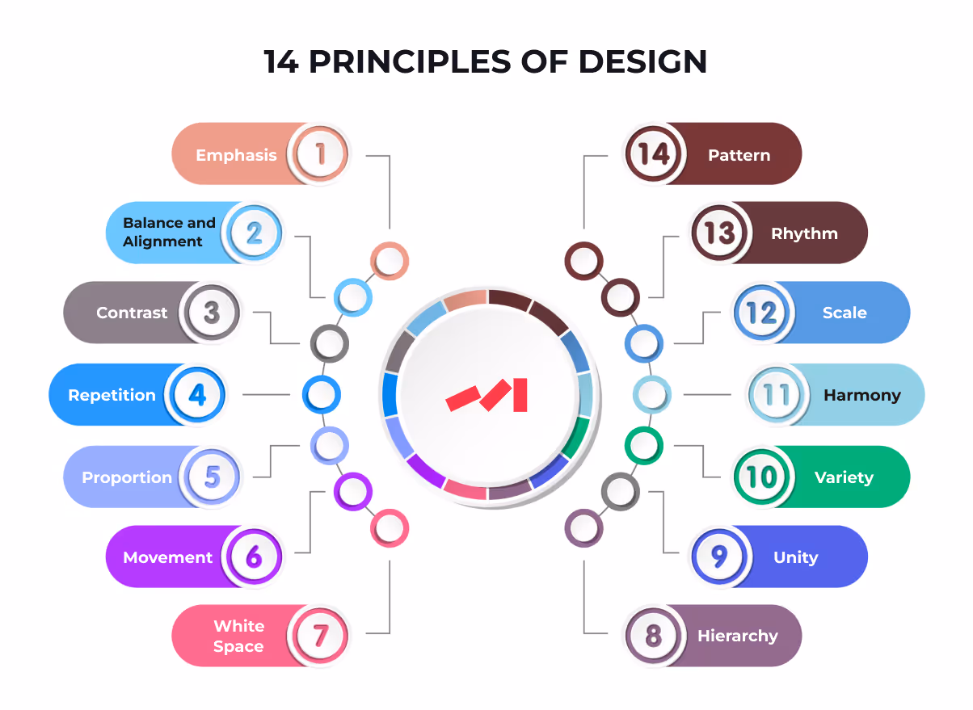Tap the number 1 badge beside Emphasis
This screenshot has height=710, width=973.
click(320, 153)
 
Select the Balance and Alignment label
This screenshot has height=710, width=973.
click(169, 232)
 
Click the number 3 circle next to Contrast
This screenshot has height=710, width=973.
click(211, 313)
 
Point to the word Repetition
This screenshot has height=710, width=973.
click(112, 395)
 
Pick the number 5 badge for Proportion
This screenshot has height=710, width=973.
click(211, 477)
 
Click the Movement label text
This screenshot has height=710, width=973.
click(168, 557)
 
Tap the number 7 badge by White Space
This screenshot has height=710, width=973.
click(320, 636)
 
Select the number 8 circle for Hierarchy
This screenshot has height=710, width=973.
click(653, 636)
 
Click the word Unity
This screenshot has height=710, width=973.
click(795, 557)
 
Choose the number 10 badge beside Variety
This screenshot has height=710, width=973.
click(761, 477)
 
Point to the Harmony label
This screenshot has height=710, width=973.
click(861, 395)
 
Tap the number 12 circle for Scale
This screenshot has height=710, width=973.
click(761, 313)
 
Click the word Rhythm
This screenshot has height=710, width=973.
click(804, 233)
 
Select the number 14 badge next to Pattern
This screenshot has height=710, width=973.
click(653, 153)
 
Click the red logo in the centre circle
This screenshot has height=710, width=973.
click(486, 395)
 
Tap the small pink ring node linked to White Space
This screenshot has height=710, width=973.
click(390, 528)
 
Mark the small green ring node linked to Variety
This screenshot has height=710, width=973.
click(644, 444)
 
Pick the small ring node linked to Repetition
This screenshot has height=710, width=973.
click(321, 395)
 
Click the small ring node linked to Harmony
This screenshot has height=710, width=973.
click(651, 395)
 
